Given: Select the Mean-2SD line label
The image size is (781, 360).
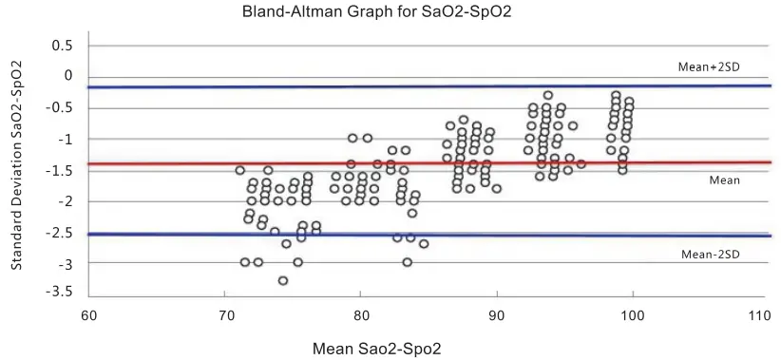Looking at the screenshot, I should pos(711,254).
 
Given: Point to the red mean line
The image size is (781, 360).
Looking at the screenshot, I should pos(428,163).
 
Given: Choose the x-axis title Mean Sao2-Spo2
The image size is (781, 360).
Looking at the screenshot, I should pos(377,349).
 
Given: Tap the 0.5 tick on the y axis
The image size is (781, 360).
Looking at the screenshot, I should pos(63,46).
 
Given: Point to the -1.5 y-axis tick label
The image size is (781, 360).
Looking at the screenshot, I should pos(61,170).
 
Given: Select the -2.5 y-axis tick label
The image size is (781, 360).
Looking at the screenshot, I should pos(61,232).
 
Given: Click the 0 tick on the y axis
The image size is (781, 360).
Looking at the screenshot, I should pos(67,76).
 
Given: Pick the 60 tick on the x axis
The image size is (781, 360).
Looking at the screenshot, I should pos(88,314).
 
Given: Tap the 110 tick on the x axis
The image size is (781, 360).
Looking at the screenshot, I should pos(757,314).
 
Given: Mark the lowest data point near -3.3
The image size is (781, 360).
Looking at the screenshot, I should pos(283,280).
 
